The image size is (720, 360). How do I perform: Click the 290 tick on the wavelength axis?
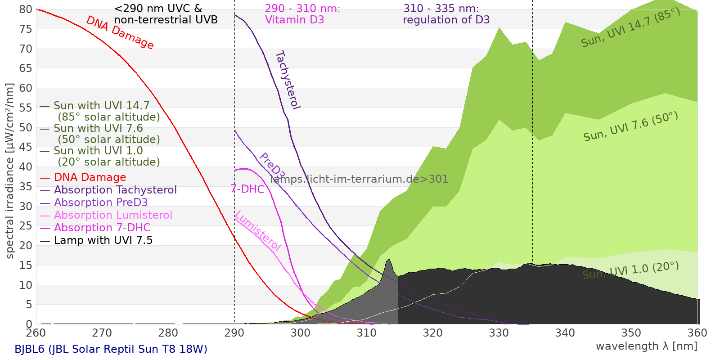tap(234, 333)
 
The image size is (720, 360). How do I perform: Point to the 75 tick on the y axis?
tap(26, 29)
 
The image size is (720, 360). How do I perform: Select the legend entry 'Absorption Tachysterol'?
tap(115, 190)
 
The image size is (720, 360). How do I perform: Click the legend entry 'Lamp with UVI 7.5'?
tap(103, 240)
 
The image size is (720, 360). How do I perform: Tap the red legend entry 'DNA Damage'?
tap(90, 177)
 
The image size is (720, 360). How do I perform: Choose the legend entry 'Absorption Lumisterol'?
tap(113, 215)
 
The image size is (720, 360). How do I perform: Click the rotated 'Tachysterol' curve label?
tap(287, 80)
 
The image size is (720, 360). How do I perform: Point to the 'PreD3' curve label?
tap(272, 166)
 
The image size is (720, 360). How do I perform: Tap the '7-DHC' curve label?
tap(247, 189)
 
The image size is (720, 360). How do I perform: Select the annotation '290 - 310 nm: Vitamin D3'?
tap(302, 14)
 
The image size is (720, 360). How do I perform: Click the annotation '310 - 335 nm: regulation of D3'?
tap(445, 14)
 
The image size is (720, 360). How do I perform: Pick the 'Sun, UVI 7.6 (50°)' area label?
tap(630, 126)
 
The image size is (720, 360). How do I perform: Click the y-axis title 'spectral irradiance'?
tap(9, 171)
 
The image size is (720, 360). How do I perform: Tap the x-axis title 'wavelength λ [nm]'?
tap(646, 346)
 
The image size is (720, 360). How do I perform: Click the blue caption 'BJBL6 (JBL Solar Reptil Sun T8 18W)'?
tap(111, 349)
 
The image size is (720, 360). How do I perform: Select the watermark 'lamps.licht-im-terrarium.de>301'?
tap(359, 179)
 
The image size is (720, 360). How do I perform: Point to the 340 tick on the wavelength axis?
tap(565, 333)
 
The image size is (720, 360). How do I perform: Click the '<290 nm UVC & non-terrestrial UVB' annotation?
tap(166, 14)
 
